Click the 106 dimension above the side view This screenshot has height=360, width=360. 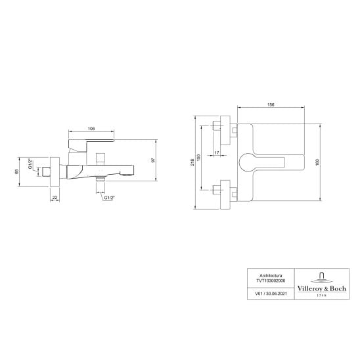point(91,129)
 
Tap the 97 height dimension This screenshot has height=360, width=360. point(153,160)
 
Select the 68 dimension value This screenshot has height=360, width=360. point(16,171)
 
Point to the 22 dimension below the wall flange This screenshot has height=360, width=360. point(55,197)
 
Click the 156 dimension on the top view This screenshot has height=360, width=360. point(271,104)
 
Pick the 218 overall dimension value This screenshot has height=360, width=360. point(192,162)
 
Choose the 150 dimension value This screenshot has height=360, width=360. point(199,158)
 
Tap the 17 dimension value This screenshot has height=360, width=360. point(217,152)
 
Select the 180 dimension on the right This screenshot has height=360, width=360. point(317,162)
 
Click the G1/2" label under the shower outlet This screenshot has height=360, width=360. point(109,198)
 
